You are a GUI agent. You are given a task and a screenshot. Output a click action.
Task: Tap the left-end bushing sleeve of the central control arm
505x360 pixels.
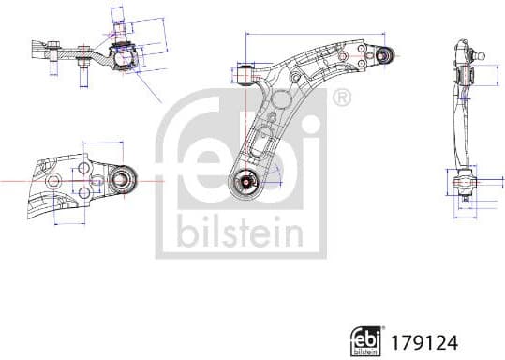pos(245,72)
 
